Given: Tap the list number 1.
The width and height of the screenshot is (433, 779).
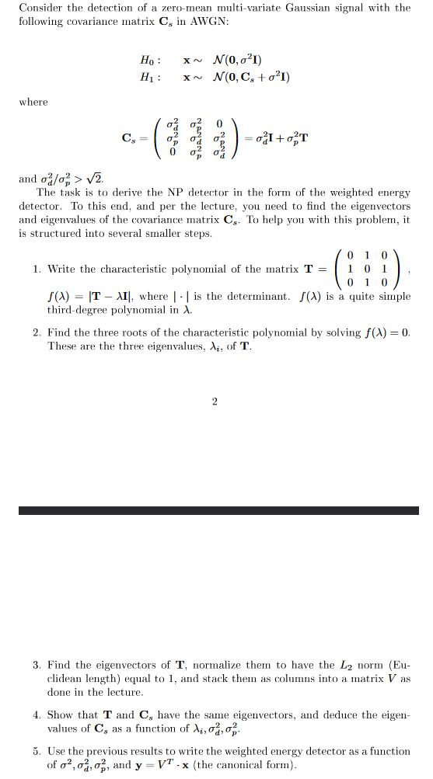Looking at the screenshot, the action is pyautogui.click(x=37, y=269).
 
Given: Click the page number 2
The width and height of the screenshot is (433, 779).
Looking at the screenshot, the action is pyautogui.click(x=214, y=402).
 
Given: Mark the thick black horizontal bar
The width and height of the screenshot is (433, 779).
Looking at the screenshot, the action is pyautogui.click(x=218, y=510).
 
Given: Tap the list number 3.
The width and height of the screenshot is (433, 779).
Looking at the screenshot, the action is pyautogui.click(x=37, y=666).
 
